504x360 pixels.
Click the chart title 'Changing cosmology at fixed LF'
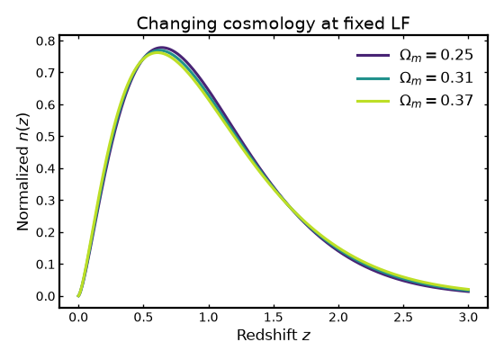tap(274, 23)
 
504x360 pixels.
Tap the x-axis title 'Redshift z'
tap(274, 335)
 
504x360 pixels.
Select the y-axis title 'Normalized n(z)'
tap(22, 172)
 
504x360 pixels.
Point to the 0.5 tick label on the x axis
tap(144, 318)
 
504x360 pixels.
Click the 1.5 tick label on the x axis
tap(274, 318)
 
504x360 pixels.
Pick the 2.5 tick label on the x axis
tap(403, 318)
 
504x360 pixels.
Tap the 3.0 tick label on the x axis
tap(468, 318)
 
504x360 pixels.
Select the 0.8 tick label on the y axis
tap(46, 41)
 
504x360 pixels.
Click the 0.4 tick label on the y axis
tap(46, 169)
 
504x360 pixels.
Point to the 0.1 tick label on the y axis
tap(46, 265)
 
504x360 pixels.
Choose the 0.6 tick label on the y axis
tap(46, 105)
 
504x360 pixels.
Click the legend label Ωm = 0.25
tap(436, 55)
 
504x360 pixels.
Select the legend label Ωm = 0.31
tap(436, 78)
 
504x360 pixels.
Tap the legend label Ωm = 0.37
tap(436, 101)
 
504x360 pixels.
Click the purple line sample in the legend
tap(373, 55)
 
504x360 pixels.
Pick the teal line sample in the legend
tap(373, 78)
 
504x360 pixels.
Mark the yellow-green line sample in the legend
tap(373, 101)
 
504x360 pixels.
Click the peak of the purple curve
tap(162, 48)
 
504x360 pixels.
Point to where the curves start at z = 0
tap(78, 296)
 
